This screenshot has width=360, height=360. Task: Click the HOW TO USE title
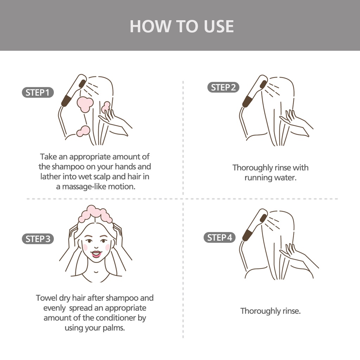[x=182, y=26]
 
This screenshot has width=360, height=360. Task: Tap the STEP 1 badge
[x=38, y=92]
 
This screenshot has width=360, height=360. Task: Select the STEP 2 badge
[x=223, y=87]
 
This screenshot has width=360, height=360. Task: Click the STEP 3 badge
[x=38, y=239]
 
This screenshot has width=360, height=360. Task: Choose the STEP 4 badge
[x=219, y=237]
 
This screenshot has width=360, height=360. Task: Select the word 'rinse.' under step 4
[x=291, y=311]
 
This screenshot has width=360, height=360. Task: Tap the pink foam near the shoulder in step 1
[x=83, y=131]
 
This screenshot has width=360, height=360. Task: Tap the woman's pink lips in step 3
[x=96, y=254]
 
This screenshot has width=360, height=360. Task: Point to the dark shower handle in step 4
[x=247, y=235]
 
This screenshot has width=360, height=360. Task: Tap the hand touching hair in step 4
[x=298, y=256]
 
